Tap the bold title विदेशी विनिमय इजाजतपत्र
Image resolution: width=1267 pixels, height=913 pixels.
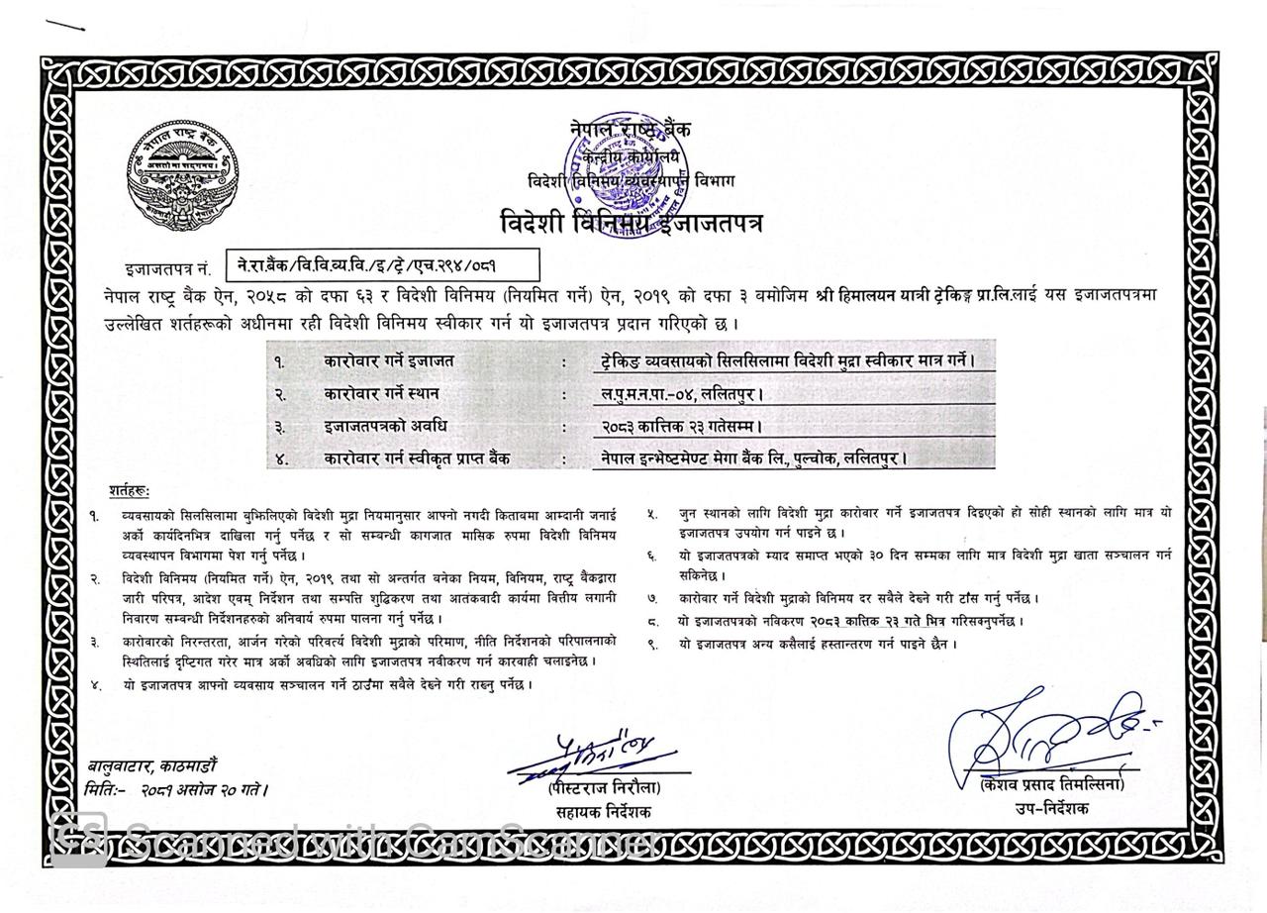point(631,223)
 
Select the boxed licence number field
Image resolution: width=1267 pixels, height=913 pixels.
point(383,265)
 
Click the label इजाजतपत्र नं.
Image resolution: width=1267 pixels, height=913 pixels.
point(167,268)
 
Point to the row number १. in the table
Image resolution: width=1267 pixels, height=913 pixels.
point(280,361)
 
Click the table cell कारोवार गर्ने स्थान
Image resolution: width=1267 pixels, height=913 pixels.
point(381,393)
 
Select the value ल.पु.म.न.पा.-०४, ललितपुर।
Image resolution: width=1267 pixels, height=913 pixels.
point(682,394)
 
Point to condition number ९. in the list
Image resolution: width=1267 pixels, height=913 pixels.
point(652,644)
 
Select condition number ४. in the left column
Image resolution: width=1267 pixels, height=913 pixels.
point(95,684)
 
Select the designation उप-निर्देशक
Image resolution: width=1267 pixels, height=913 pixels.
point(1050,808)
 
